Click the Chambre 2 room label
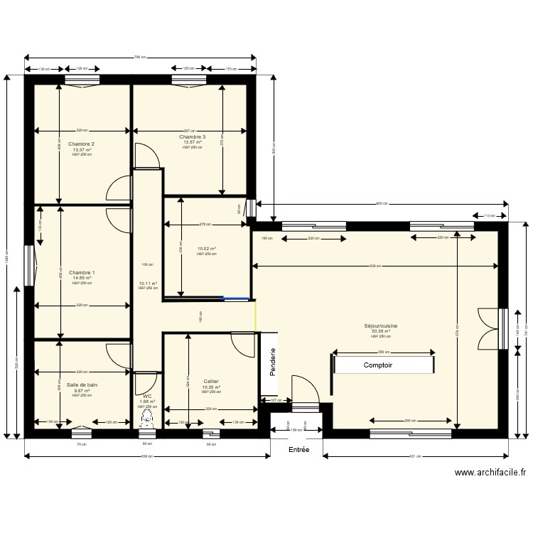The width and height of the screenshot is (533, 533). (x=82, y=144)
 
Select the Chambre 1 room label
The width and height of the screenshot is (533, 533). (x=82, y=272)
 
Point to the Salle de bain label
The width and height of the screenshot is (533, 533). (x=82, y=384)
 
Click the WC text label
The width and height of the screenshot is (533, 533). (x=147, y=396)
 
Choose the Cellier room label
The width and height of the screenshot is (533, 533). (x=210, y=381)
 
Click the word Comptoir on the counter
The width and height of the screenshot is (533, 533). (x=378, y=365)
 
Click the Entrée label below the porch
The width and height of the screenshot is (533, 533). (x=298, y=451)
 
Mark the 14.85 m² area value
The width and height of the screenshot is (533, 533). (x=82, y=278)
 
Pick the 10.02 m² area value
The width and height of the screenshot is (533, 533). (x=206, y=249)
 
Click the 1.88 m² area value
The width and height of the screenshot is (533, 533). (x=146, y=402)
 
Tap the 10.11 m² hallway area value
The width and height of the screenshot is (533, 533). (x=147, y=283)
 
